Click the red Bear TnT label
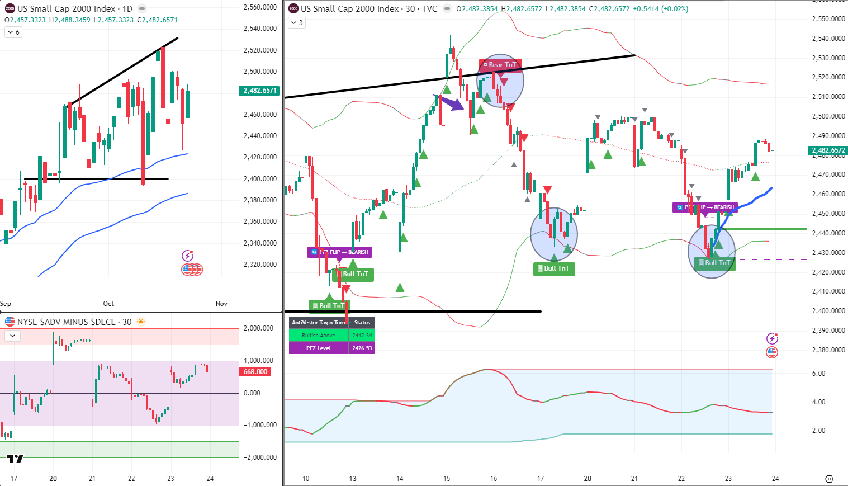click(x=500, y=65)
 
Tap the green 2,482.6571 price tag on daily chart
click(x=260, y=91)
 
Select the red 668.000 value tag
click(x=255, y=372)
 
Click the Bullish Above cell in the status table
click(x=319, y=336)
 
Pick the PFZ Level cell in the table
click(x=319, y=348)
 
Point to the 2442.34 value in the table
click(x=362, y=336)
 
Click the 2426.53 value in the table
click(x=362, y=348)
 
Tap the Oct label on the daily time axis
click(x=108, y=304)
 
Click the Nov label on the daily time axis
click(x=221, y=304)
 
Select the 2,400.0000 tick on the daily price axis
click(x=260, y=179)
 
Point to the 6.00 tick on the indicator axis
click(x=818, y=374)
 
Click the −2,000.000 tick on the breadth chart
click(x=260, y=457)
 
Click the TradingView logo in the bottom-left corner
click(x=15, y=459)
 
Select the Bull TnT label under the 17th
click(x=554, y=268)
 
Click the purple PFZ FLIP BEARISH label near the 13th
click(x=339, y=252)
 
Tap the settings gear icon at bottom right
click(x=829, y=479)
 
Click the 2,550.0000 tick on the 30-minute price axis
click(x=828, y=19)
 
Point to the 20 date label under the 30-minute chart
click(x=588, y=479)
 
